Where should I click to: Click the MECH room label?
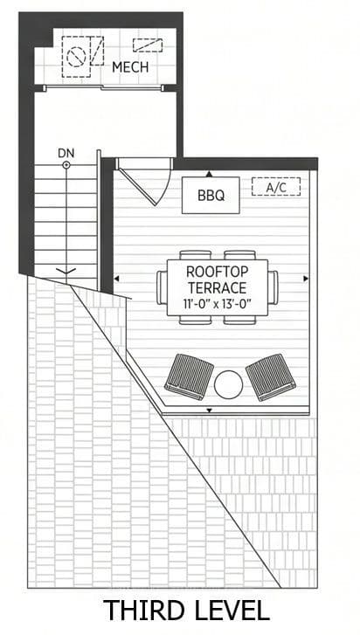click(130, 67)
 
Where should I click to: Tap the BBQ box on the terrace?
click(211, 195)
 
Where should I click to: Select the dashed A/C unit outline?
click(276, 187)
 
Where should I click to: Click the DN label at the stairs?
click(66, 154)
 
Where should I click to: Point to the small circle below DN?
click(66, 165)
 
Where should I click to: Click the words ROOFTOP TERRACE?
click(217, 280)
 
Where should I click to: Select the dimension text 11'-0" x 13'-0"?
click(218, 304)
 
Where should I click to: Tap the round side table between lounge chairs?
click(228, 384)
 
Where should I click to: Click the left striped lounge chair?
click(189, 376)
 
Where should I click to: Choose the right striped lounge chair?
click(271, 376)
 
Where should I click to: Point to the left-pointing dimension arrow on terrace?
click(116, 279)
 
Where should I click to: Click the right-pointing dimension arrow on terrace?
click(306, 279)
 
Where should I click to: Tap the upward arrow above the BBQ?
click(209, 174)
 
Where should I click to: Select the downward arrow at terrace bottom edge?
click(210, 411)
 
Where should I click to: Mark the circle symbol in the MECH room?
click(74, 57)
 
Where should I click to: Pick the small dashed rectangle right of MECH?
click(148, 45)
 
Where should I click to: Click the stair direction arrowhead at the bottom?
click(66, 271)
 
